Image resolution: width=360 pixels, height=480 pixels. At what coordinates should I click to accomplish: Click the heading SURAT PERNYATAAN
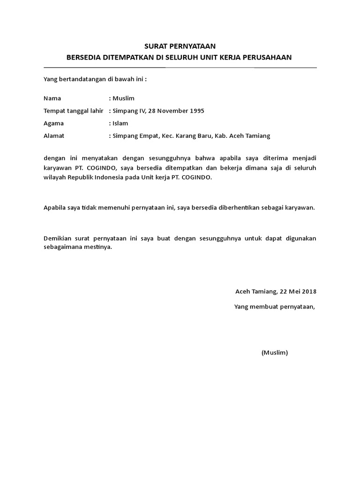coord(180,46)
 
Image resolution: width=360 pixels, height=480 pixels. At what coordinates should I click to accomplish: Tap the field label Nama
coord(52,98)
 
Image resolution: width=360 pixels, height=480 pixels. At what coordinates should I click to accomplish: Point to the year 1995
coord(196,111)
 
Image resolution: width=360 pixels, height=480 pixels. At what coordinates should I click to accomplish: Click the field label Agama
coord(53,123)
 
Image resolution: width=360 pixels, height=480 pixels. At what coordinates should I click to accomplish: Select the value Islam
coord(120,123)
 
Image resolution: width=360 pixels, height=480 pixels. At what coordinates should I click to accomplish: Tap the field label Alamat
coord(54,136)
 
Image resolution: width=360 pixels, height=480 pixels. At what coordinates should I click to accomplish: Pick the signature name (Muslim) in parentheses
coord(275,352)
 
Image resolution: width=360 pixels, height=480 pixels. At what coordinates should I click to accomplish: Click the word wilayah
coord(54,178)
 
